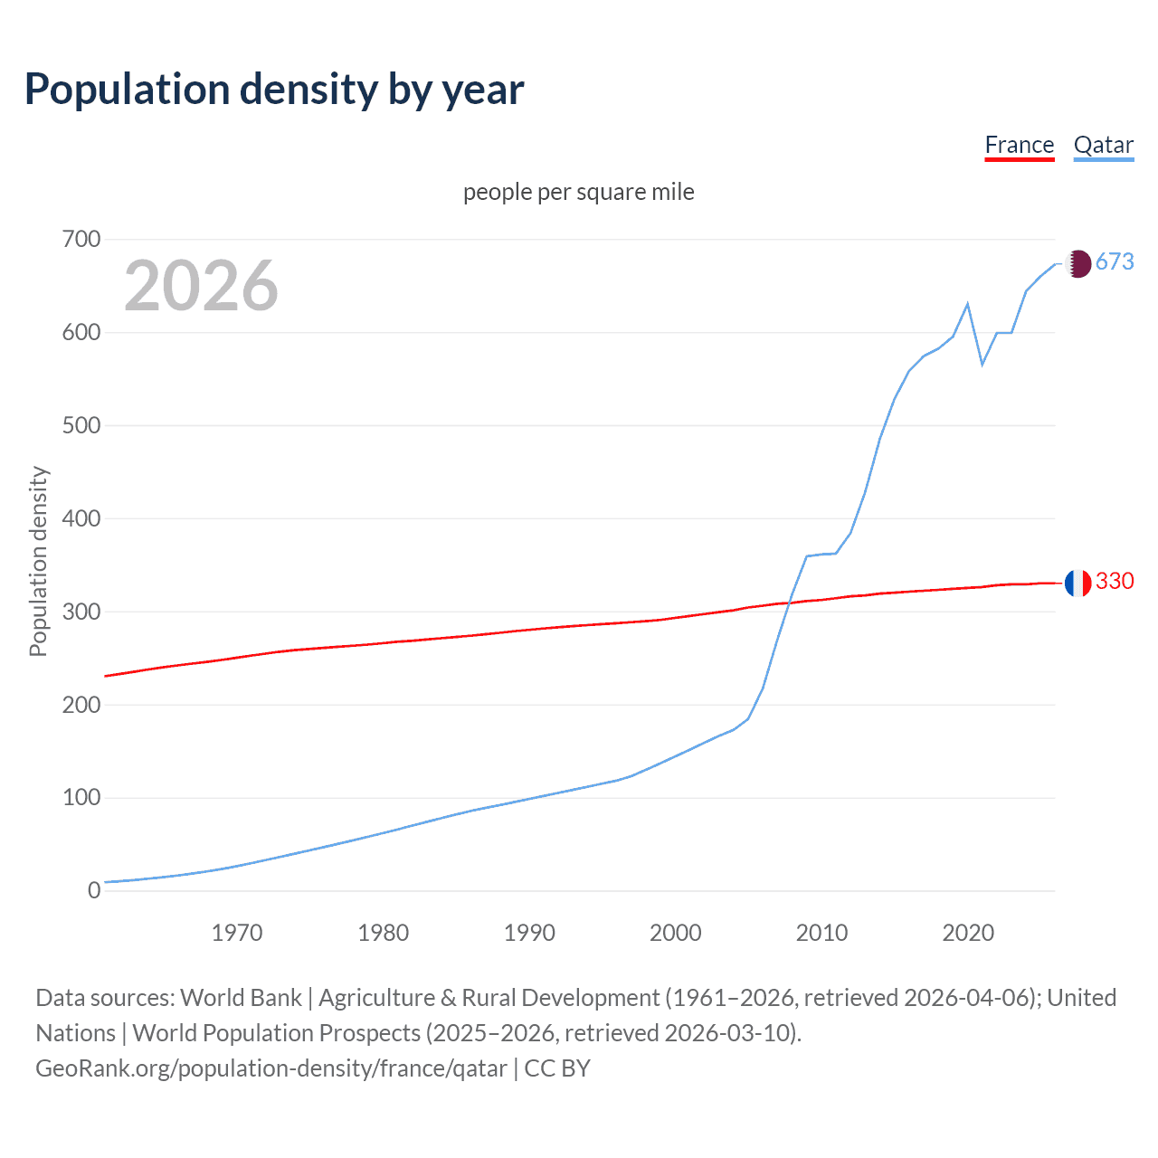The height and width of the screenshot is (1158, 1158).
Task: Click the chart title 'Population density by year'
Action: pyautogui.click(x=274, y=90)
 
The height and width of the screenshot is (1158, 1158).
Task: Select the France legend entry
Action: pyautogui.click(x=1019, y=146)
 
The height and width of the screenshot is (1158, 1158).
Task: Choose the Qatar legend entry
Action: pyautogui.click(x=1103, y=146)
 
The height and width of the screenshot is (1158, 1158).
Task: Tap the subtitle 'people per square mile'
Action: pyautogui.click(x=578, y=193)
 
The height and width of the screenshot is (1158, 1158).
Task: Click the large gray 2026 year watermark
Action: pyautogui.click(x=201, y=286)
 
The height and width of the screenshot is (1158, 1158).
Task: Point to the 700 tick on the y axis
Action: pyautogui.click(x=81, y=240)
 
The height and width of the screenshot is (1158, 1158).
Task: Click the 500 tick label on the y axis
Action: pyautogui.click(x=81, y=426)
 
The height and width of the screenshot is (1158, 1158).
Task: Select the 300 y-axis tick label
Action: pyautogui.click(x=81, y=612)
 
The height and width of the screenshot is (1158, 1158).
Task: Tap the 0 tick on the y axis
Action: pyautogui.click(x=94, y=891)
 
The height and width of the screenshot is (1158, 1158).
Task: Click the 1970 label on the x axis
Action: pyautogui.click(x=237, y=933)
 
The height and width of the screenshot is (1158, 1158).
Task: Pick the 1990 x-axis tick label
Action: pyautogui.click(x=529, y=933)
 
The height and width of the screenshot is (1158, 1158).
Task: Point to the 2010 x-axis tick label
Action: pyautogui.click(x=821, y=933)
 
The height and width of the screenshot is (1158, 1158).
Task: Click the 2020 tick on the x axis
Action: pyautogui.click(x=968, y=933)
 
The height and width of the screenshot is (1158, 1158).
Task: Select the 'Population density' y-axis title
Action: pyautogui.click(x=38, y=561)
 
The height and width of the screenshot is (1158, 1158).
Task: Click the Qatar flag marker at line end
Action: pyautogui.click(x=1077, y=263)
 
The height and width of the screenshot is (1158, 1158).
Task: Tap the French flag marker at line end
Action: pyautogui.click(x=1077, y=584)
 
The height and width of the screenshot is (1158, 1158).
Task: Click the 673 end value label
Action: pyautogui.click(x=1115, y=262)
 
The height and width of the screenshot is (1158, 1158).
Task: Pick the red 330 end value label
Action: pyautogui.click(x=1115, y=582)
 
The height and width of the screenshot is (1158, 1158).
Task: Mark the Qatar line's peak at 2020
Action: pyautogui.click(x=968, y=304)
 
